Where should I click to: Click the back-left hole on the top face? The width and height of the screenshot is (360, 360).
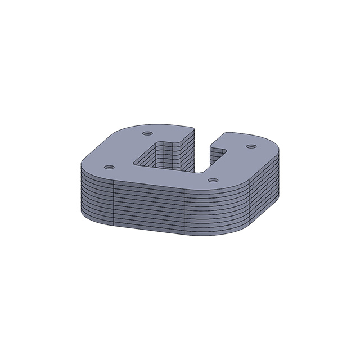[x=147, y=133]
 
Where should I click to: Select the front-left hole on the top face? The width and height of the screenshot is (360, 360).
[x=109, y=168]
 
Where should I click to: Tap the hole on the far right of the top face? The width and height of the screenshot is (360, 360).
[x=251, y=146]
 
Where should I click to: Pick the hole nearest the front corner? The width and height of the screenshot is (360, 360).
[x=212, y=180]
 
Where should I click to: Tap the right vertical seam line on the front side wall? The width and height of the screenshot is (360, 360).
[x=186, y=211]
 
